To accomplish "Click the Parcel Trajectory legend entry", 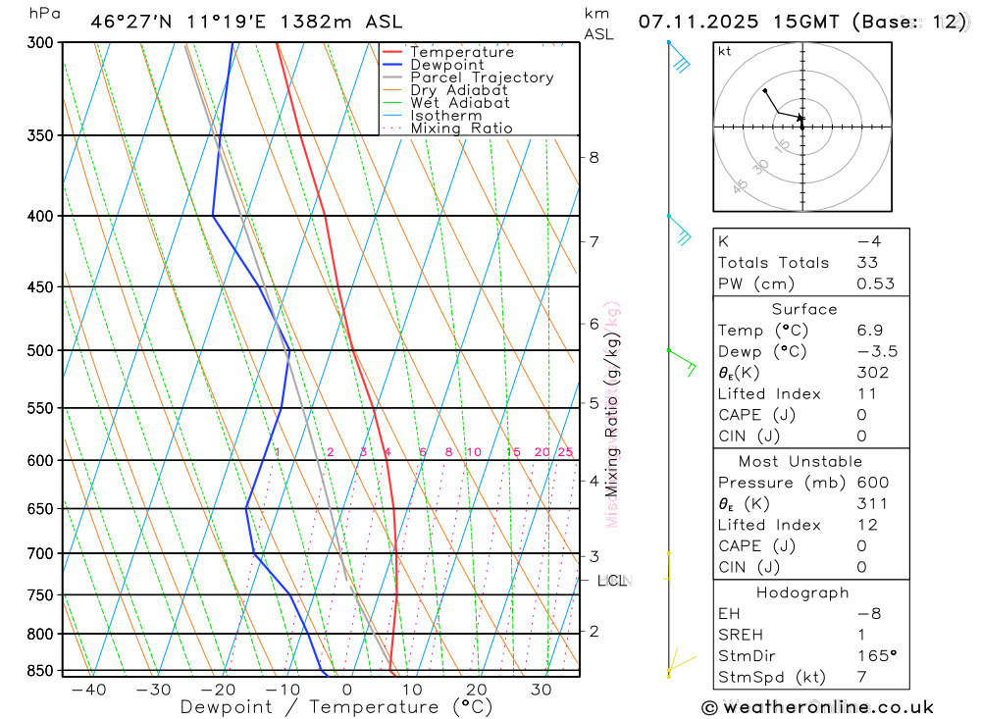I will pyautogui.click(x=482, y=77).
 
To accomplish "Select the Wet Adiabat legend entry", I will pyautogui.click(x=460, y=103).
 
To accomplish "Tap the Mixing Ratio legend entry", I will pyautogui.click(x=461, y=128).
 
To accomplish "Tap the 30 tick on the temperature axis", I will pyautogui.click(x=541, y=690).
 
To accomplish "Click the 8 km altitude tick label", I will pyautogui.click(x=594, y=157).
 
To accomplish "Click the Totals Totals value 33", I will pyautogui.click(x=867, y=263).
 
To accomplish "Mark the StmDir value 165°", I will pyautogui.click(x=876, y=656).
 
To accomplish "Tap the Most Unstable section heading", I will pyautogui.click(x=800, y=461).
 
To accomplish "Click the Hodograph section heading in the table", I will pyautogui.click(x=802, y=592).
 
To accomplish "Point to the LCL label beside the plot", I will pyautogui.click(x=612, y=581).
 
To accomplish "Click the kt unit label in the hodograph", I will pyautogui.click(x=724, y=51).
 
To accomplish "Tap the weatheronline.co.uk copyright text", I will pyautogui.click(x=816, y=707).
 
